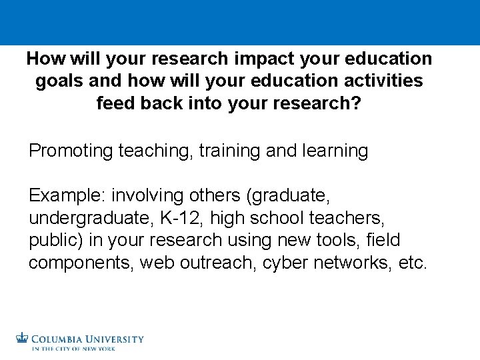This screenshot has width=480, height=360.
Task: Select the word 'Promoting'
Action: coord(71,151)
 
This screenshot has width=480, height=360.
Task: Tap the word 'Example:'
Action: coord(67,197)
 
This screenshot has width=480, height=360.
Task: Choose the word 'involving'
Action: coord(150,197)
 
